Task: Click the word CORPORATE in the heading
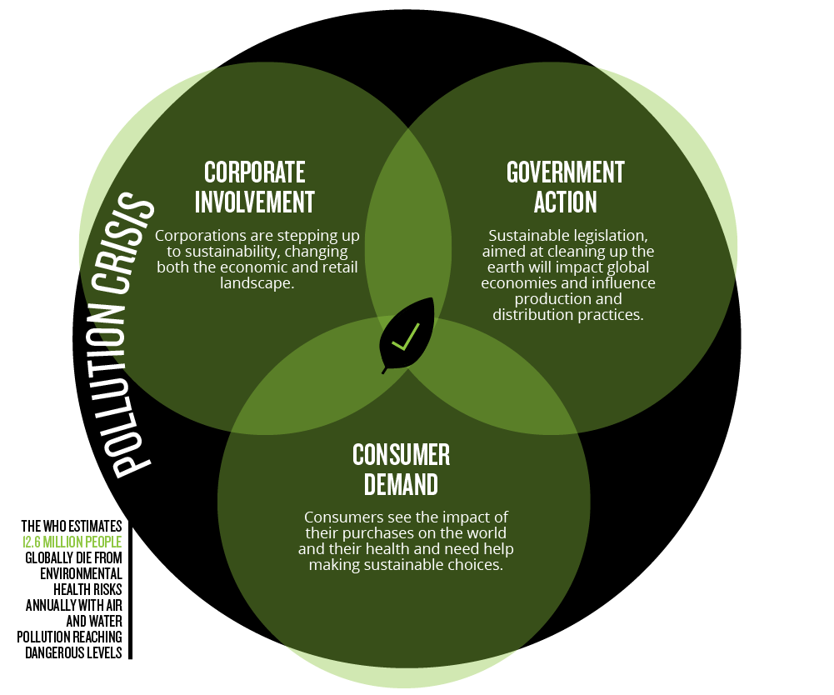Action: pyautogui.click(x=255, y=172)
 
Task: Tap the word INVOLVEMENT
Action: pyautogui.click(x=255, y=202)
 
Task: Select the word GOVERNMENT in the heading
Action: pyautogui.click(x=566, y=172)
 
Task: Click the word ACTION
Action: pyautogui.click(x=566, y=202)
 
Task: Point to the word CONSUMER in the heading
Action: pyautogui.click(x=401, y=455)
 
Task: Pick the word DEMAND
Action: pyautogui.click(x=401, y=485)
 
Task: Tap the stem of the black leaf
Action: pyautogui.click(x=384, y=369)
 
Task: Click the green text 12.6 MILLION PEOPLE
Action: pyautogui.click(x=72, y=542)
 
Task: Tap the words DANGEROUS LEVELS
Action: pyautogui.click(x=73, y=653)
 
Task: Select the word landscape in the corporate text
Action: pyautogui.click(x=256, y=283)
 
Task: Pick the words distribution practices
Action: pyautogui.click(x=568, y=315)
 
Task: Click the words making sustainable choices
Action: pyautogui.click(x=406, y=565)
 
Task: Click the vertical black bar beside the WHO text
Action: pyautogui.click(x=130, y=590)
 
